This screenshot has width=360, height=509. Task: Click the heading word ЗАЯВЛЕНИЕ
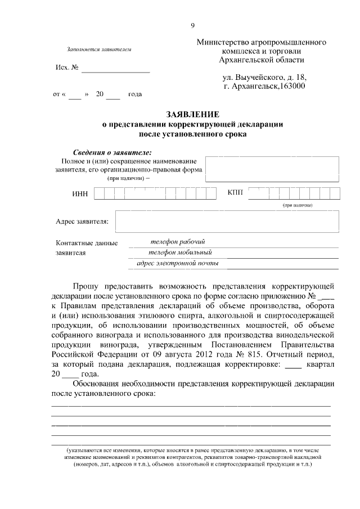(192, 114)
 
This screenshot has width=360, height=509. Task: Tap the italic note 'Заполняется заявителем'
(98, 49)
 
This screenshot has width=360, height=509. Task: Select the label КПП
(235, 193)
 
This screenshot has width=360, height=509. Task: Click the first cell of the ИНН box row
(99, 193)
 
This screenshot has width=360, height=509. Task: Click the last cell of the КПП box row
(335, 193)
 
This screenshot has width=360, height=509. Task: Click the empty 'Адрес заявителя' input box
(227, 221)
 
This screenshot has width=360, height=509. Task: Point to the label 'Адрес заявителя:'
(82, 221)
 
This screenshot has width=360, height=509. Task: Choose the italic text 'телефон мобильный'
(179, 252)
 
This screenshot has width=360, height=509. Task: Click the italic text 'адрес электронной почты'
(178, 263)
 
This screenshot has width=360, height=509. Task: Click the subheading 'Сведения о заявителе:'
(112, 153)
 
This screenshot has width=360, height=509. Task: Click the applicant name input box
(272, 169)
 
